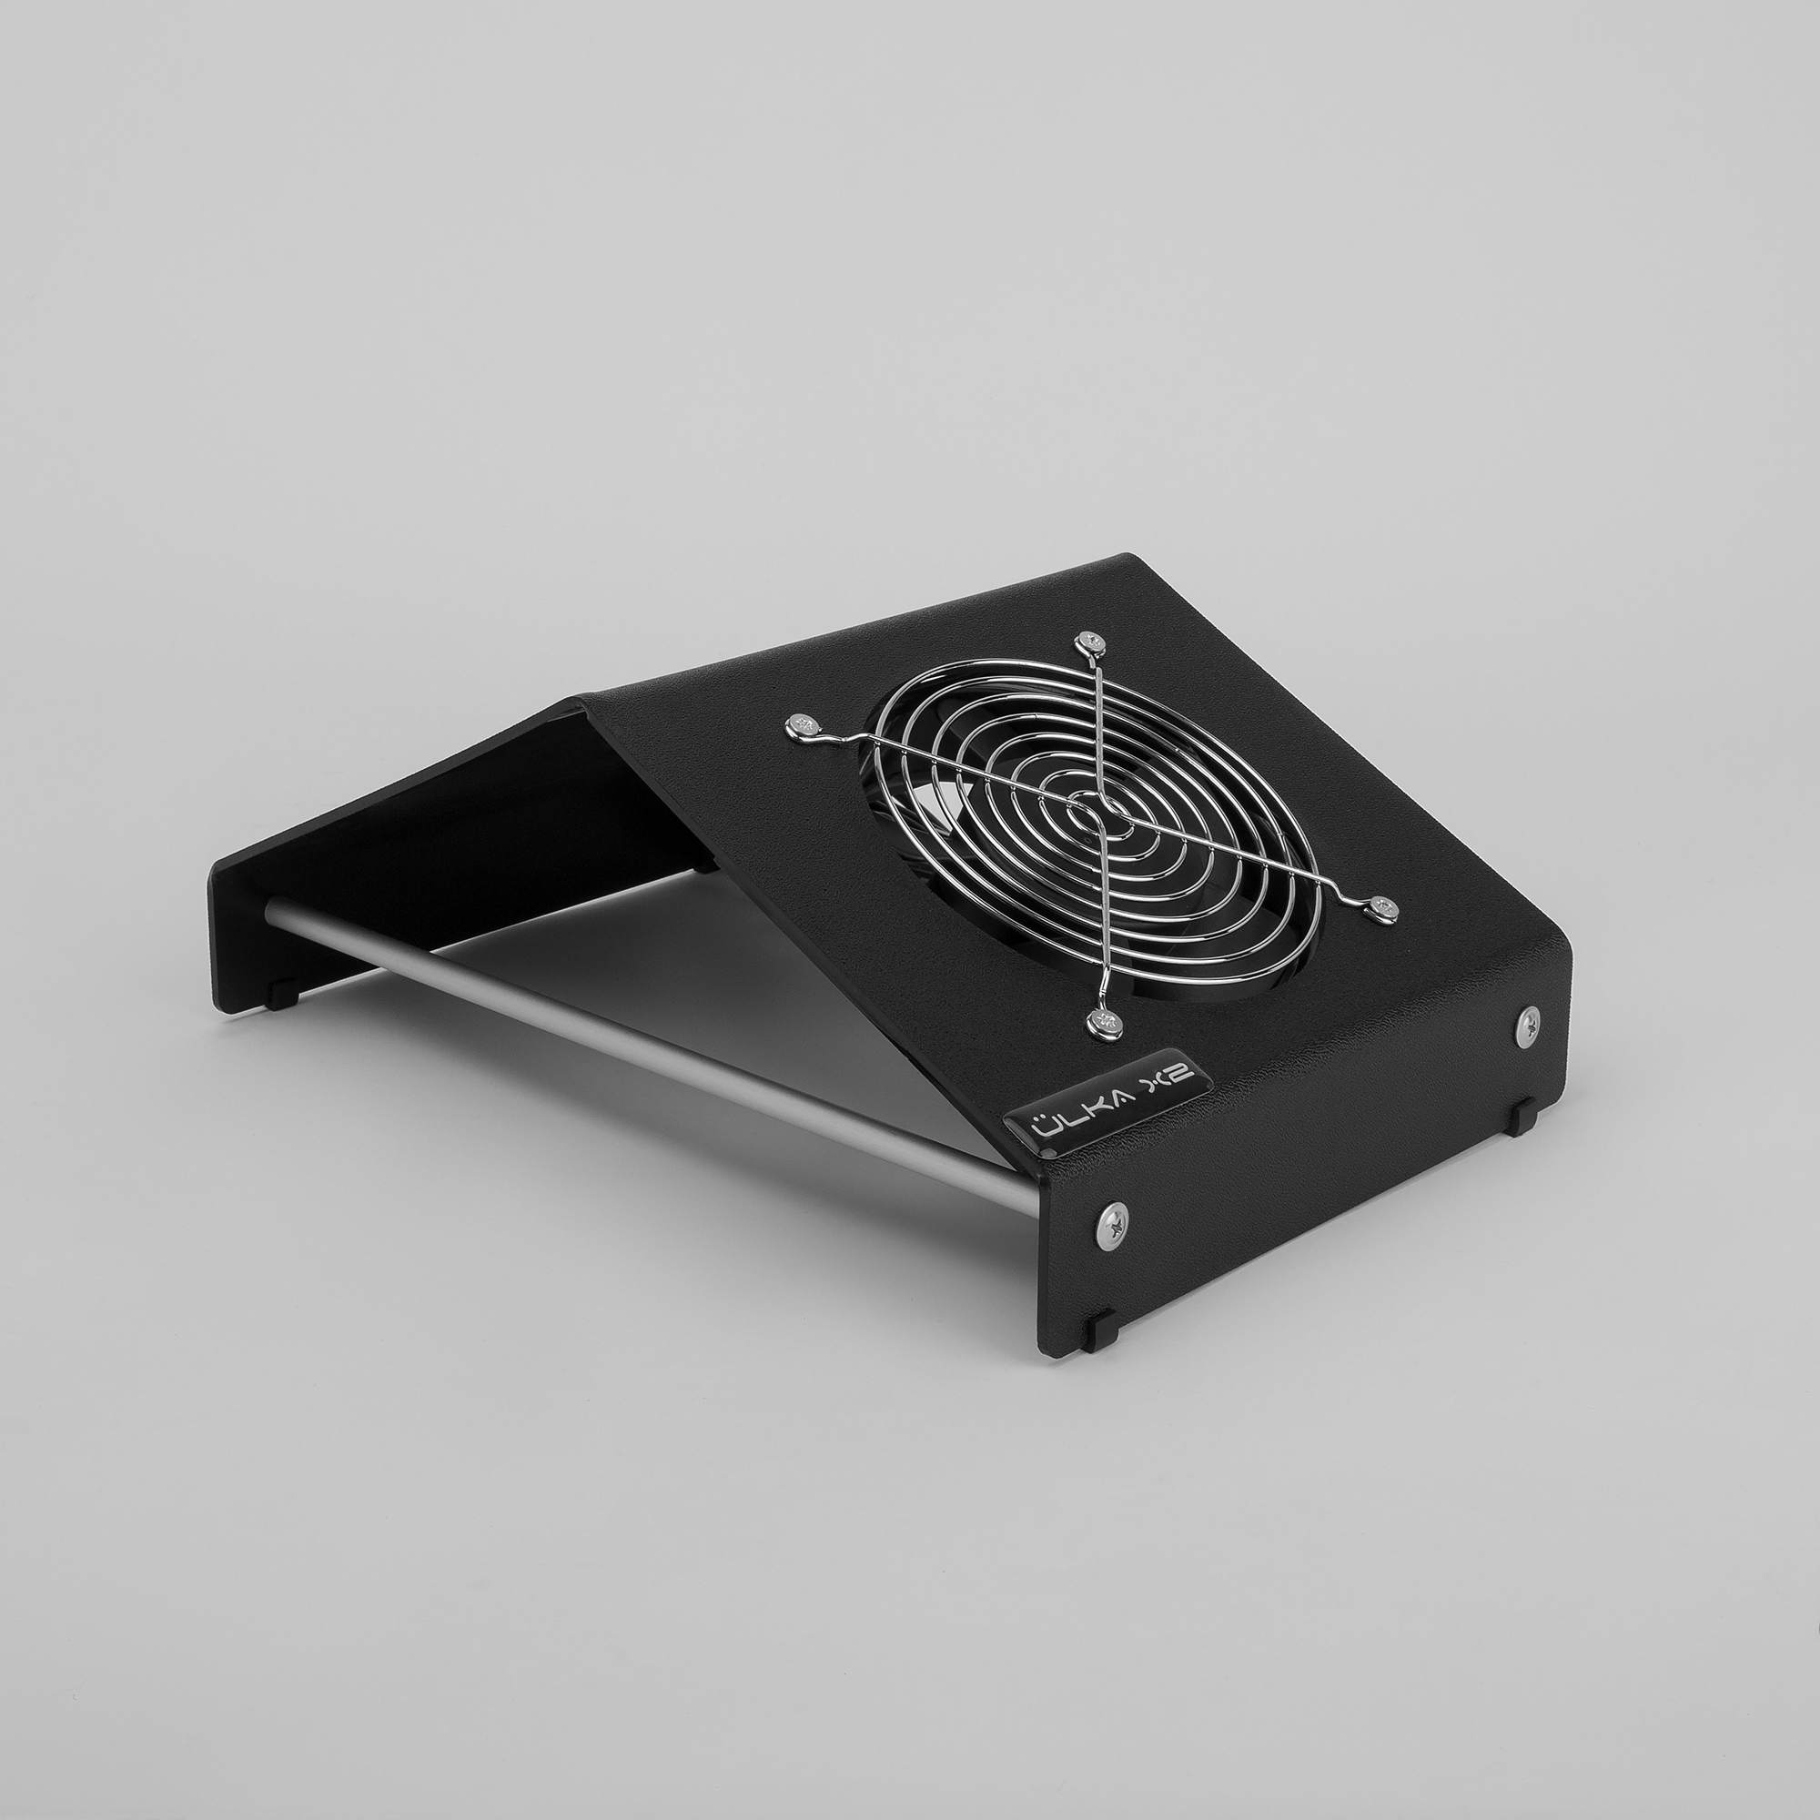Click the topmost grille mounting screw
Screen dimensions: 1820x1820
point(1091,642)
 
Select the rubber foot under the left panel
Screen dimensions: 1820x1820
point(278,995)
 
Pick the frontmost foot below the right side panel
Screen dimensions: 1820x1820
point(1097,1330)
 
